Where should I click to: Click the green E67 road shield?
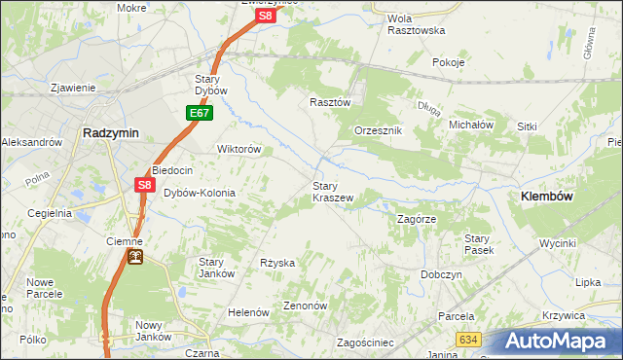pos(200,114)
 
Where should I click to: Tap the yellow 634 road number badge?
pos(468,339)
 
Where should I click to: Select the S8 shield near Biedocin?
pos(144,185)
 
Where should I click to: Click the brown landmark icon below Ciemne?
pos(136,257)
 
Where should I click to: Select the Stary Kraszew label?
pos(332,191)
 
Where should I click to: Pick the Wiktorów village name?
pos(238,149)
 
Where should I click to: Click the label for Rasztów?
pos(329,101)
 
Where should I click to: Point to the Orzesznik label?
pos(379,130)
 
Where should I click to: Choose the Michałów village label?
pos(472,125)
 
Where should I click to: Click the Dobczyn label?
pos(441,274)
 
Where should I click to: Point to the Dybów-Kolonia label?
pos(200,193)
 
